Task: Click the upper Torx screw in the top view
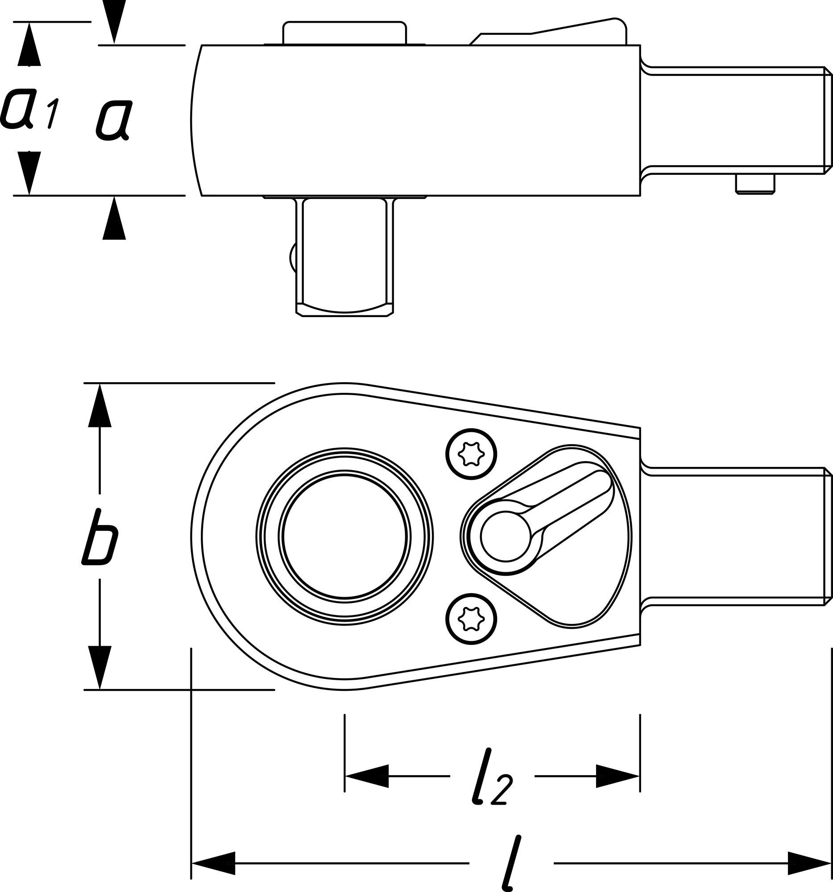(471, 454)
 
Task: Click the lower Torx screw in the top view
(471, 619)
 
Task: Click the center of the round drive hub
(345, 537)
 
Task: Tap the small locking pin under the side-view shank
(755, 184)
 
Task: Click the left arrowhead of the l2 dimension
(366, 776)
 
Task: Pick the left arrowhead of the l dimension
(213, 863)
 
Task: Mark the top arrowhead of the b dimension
(99, 406)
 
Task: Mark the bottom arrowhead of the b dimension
(99, 668)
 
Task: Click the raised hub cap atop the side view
(344, 33)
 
